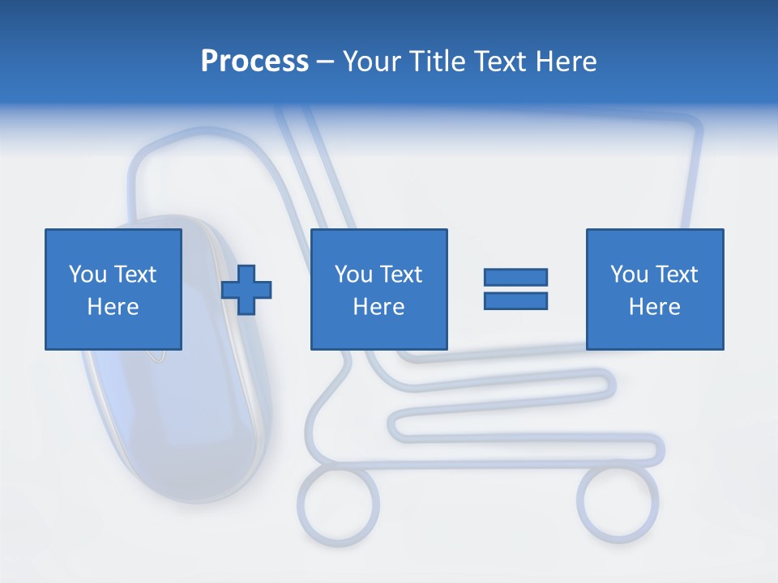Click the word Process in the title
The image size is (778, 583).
coord(254,62)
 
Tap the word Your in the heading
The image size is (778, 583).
coord(373,62)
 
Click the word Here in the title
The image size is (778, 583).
coord(565,62)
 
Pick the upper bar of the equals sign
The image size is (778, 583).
coord(515,277)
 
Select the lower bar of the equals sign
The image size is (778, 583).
coord(515,300)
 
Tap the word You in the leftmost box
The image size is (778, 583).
coord(87,274)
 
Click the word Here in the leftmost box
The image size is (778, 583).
coord(113,307)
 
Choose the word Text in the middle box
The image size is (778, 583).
coord(400,274)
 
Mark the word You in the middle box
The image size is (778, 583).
coord(353,274)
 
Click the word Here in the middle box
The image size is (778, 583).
coord(378,307)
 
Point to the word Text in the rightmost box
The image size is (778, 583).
coord(676,274)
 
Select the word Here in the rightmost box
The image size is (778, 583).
coord(654,307)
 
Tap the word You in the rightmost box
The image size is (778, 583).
coord(628,274)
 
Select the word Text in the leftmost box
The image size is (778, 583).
coord(135,274)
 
